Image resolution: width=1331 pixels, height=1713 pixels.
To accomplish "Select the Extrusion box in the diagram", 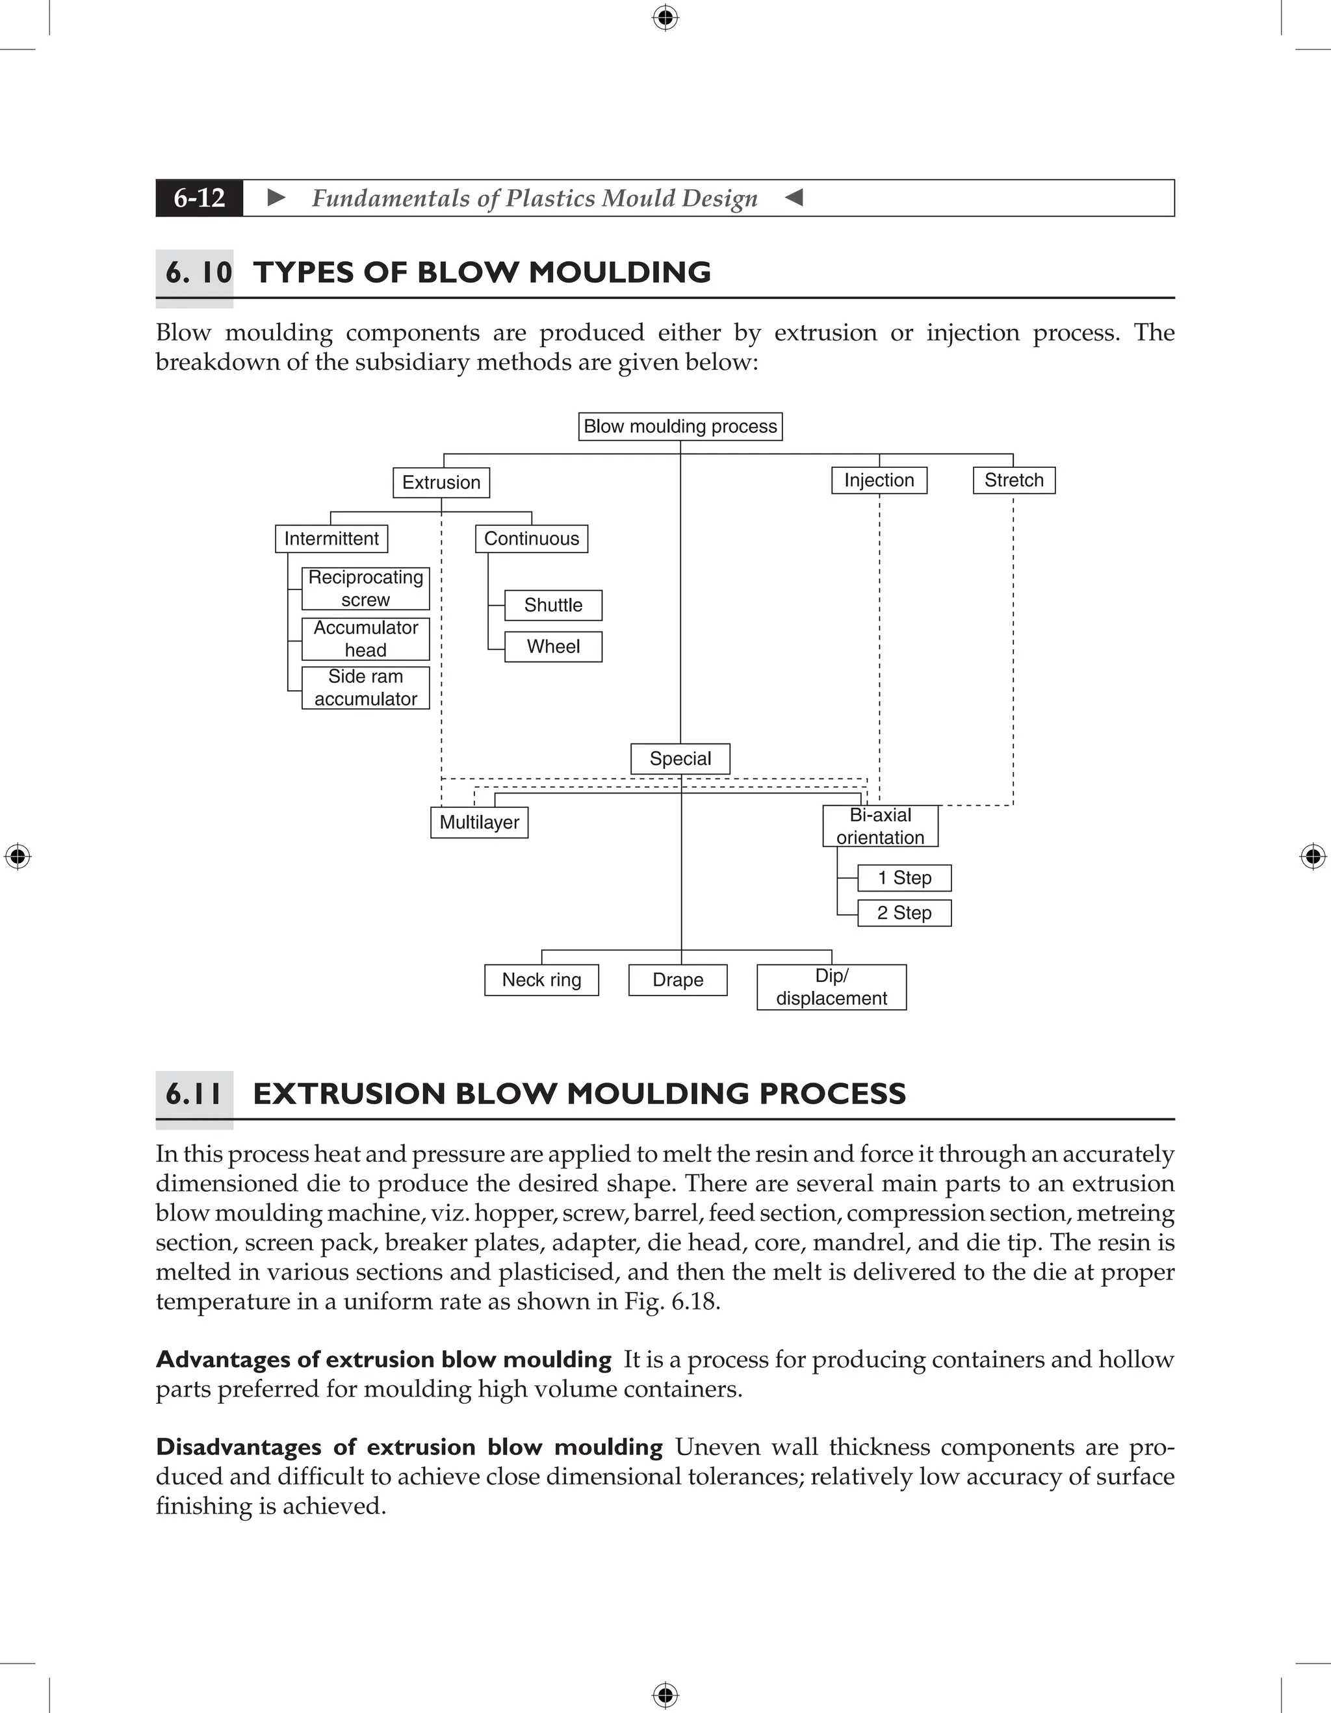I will tap(441, 482).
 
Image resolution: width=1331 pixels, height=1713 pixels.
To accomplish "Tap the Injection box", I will tap(879, 480).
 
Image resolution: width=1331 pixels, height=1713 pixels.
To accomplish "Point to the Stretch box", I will tap(1013, 480).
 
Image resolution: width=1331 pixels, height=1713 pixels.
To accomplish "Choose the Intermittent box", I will tap(331, 539).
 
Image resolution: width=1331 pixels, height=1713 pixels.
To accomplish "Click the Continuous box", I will tap(531, 539).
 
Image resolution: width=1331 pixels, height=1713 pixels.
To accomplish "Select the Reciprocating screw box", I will tap(365, 588).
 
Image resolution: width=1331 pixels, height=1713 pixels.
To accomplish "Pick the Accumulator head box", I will tap(365, 638).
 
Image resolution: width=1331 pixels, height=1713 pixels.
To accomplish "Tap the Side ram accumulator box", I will tap(365, 688).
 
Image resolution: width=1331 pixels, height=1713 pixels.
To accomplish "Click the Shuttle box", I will tap(553, 605).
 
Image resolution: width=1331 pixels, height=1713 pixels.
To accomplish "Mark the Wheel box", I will tap(553, 647).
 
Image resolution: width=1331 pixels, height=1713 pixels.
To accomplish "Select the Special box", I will tap(680, 758).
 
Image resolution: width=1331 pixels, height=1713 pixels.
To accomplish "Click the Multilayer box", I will tap(479, 822).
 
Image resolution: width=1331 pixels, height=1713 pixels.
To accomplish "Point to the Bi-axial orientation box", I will tap(880, 826).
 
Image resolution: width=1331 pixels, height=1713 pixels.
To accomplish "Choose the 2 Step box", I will tap(903, 913).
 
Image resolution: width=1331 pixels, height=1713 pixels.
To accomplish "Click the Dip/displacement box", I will tap(831, 986).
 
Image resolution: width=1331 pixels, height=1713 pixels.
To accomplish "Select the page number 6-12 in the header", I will tap(200, 198).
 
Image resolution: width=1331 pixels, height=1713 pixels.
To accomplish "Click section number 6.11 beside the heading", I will tap(194, 1094).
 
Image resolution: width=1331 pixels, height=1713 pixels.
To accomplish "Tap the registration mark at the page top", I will tap(665, 18).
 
